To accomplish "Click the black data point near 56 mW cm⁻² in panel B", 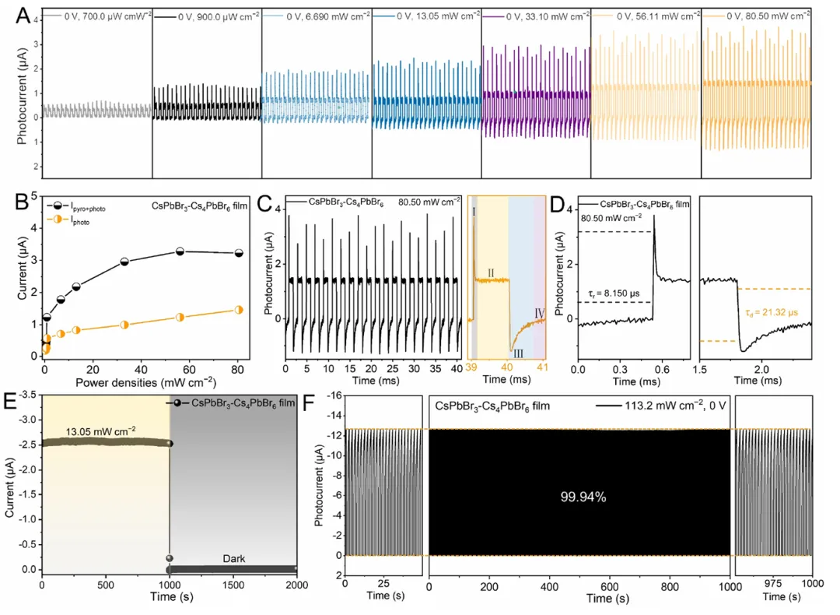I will pos(180,251).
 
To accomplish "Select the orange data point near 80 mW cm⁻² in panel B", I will pos(239,310).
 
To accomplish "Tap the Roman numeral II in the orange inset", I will pos(491,272).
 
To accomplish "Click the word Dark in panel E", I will pos(231,553).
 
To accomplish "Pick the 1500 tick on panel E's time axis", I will pos(233,585).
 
